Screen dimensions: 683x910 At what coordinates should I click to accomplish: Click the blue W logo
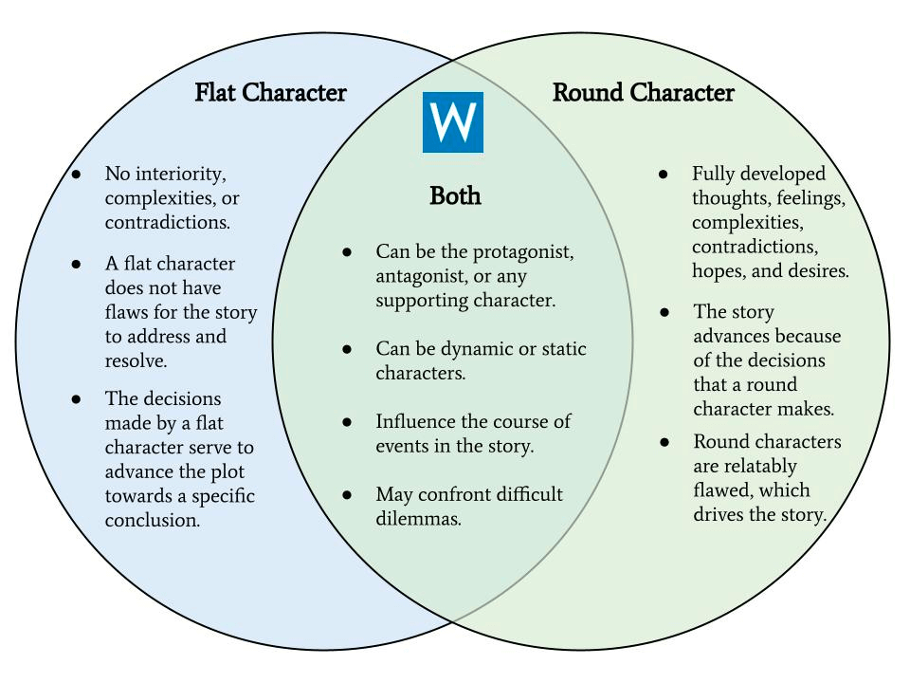pos(452,122)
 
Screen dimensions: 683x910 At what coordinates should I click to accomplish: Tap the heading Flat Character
pos(270,93)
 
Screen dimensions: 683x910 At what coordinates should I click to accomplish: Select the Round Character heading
pos(643,93)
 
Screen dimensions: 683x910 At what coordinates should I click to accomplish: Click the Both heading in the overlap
pos(455,195)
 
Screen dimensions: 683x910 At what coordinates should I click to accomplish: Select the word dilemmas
pos(418,519)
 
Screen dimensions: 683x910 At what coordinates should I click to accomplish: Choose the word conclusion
pos(152,521)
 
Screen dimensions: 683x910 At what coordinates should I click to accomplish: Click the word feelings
pos(809,198)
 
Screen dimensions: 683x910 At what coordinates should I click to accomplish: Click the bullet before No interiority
pos(77,175)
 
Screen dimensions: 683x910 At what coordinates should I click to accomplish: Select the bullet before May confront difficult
pos(348,495)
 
